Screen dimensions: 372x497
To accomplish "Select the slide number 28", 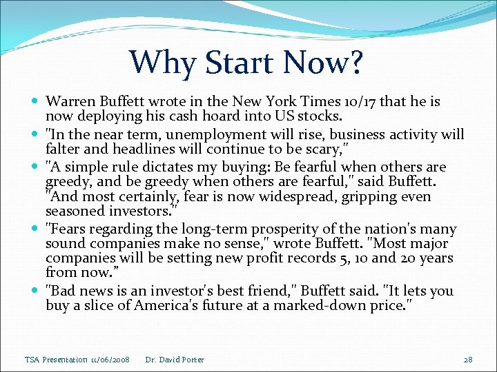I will tap(467, 359).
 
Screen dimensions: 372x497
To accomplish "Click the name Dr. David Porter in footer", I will tap(175, 359).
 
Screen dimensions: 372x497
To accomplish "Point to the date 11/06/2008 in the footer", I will tap(109, 359).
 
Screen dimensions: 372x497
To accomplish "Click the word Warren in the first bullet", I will tap(69, 102).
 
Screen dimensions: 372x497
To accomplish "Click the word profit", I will tap(246, 258).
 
